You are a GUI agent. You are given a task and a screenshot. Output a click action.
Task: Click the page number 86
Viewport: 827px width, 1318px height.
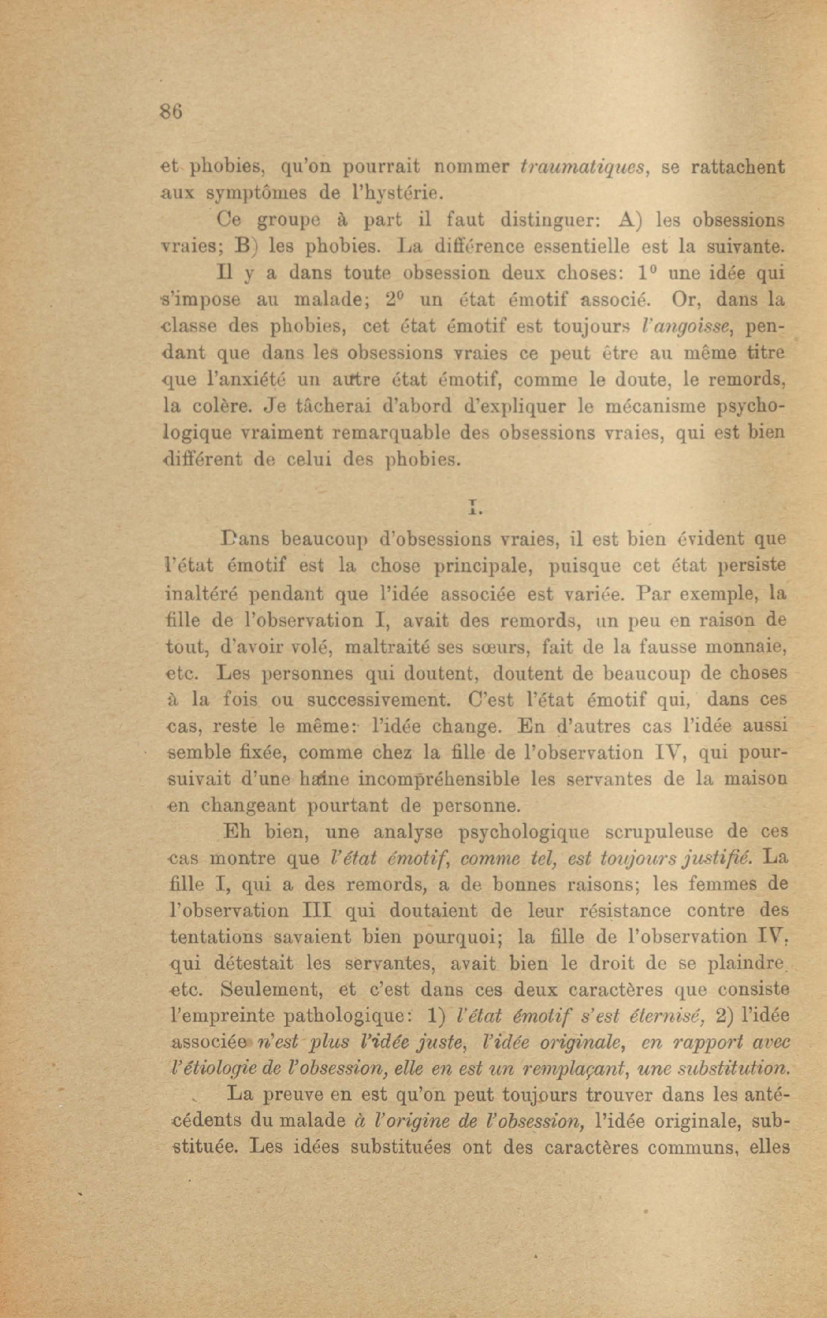(x=170, y=112)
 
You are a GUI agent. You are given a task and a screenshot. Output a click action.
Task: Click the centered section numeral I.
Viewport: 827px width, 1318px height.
(x=474, y=507)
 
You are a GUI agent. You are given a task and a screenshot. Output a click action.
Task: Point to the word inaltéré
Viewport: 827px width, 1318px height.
(x=203, y=594)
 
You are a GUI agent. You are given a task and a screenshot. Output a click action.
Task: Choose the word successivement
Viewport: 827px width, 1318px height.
(x=378, y=700)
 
